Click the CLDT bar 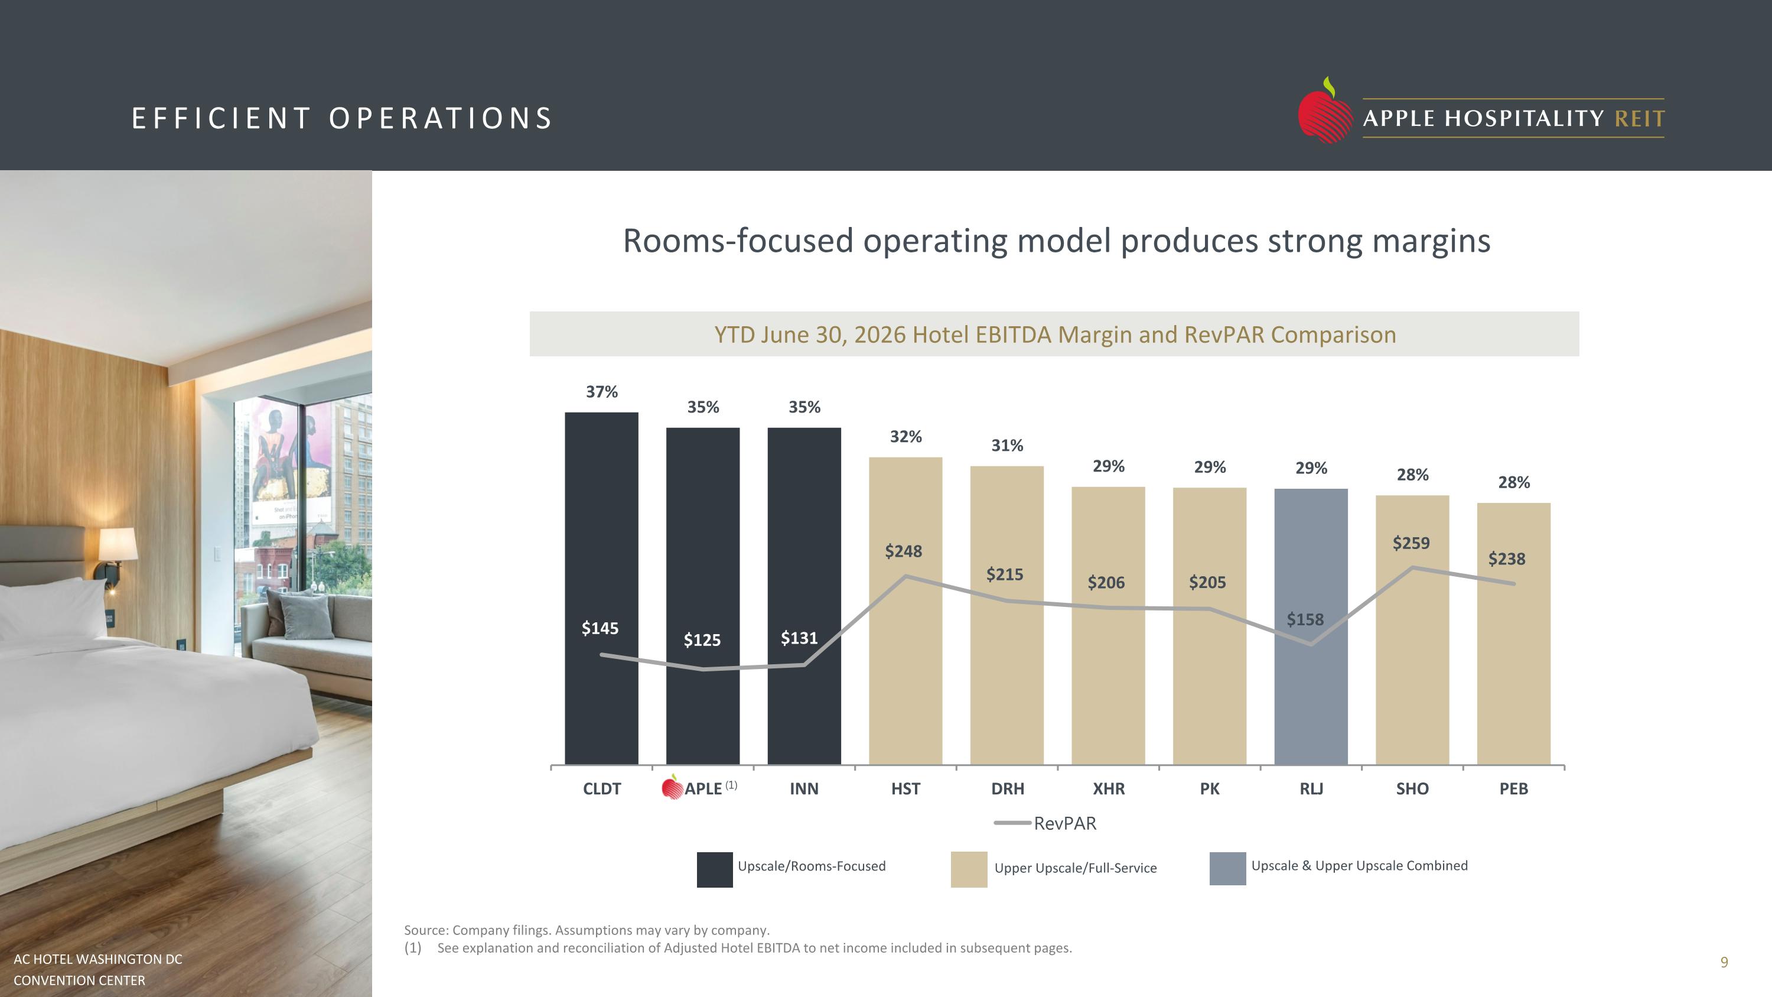601,588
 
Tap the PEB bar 1513,634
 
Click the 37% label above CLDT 602,391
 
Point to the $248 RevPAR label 903,551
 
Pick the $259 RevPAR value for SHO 1411,543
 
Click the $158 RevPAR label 1305,619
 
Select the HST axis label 905,788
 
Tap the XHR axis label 1108,788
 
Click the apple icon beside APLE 672,787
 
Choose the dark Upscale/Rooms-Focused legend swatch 715,870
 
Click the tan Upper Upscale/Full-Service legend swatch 969,870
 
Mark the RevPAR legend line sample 1012,823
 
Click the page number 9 1724,962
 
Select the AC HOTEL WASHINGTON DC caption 97,959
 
